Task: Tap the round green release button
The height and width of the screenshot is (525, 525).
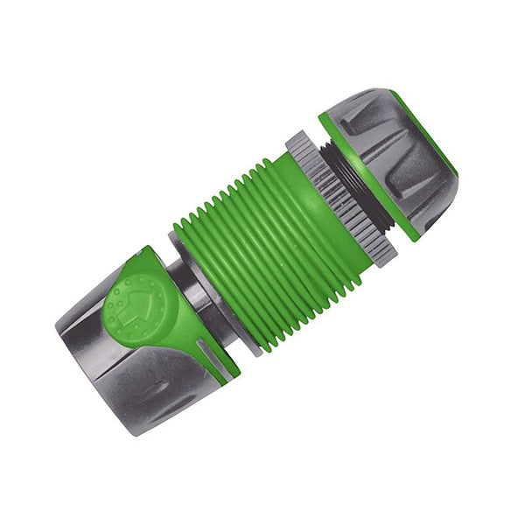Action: tap(140, 307)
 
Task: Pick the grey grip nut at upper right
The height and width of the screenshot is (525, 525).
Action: tap(394, 153)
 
